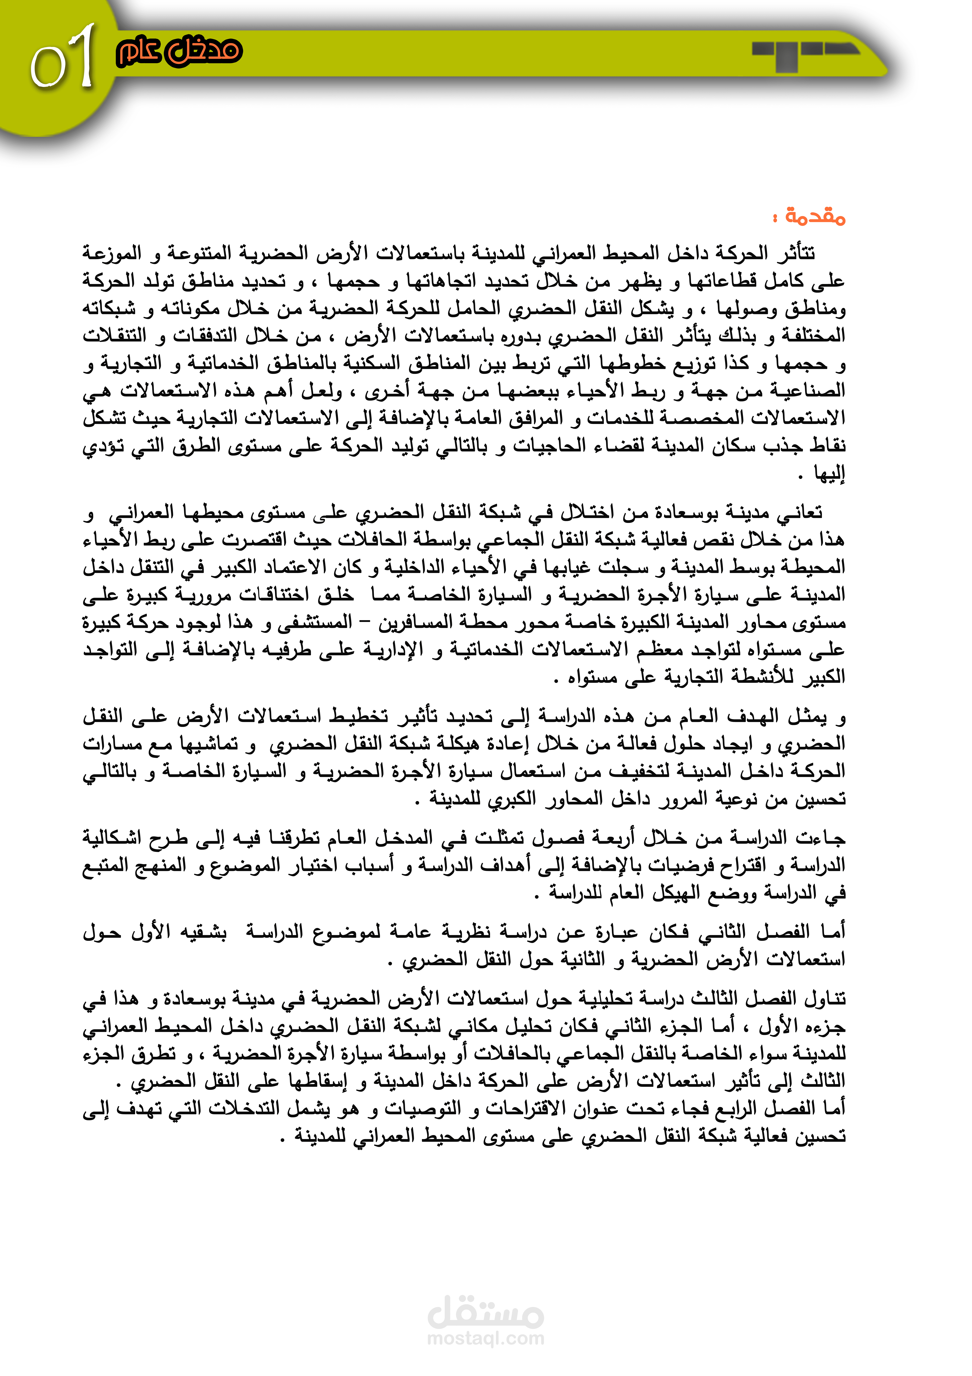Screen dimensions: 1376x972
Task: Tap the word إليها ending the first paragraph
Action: point(829,475)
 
